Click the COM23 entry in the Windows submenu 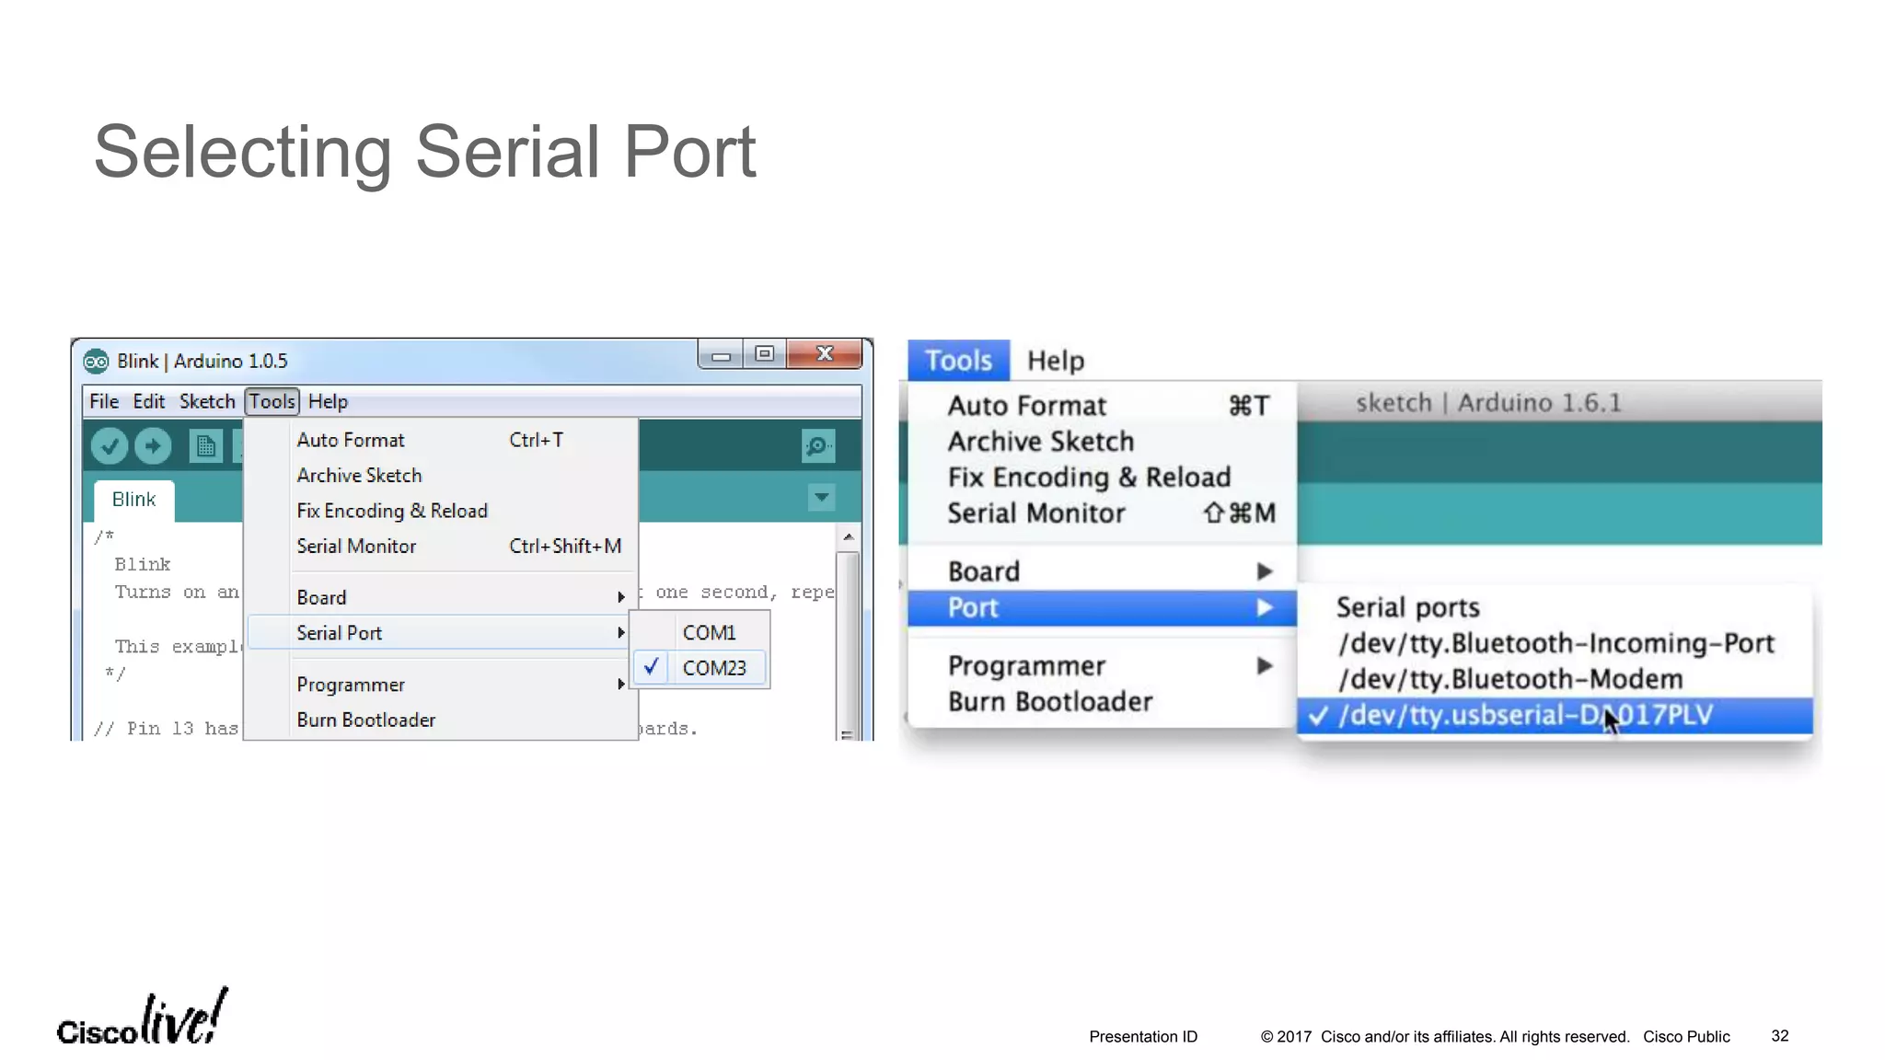click(713, 668)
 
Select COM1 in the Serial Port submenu click(709, 633)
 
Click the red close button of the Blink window click(825, 354)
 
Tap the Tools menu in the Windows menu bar click(272, 402)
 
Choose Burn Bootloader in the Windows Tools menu click(365, 720)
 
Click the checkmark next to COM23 click(652, 667)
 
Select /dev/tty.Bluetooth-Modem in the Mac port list click(1509, 679)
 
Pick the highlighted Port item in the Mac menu click(973, 608)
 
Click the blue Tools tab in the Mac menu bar click(958, 361)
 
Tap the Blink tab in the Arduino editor click(133, 500)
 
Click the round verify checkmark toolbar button click(110, 446)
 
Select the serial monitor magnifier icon click(817, 446)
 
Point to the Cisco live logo click(142, 1020)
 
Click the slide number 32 click(1779, 1036)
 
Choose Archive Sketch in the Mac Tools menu click(1040, 442)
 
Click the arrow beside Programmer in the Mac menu click(1265, 665)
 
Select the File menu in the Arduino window click(103, 402)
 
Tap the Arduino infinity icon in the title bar click(96, 362)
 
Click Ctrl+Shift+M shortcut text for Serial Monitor click(565, 547)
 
